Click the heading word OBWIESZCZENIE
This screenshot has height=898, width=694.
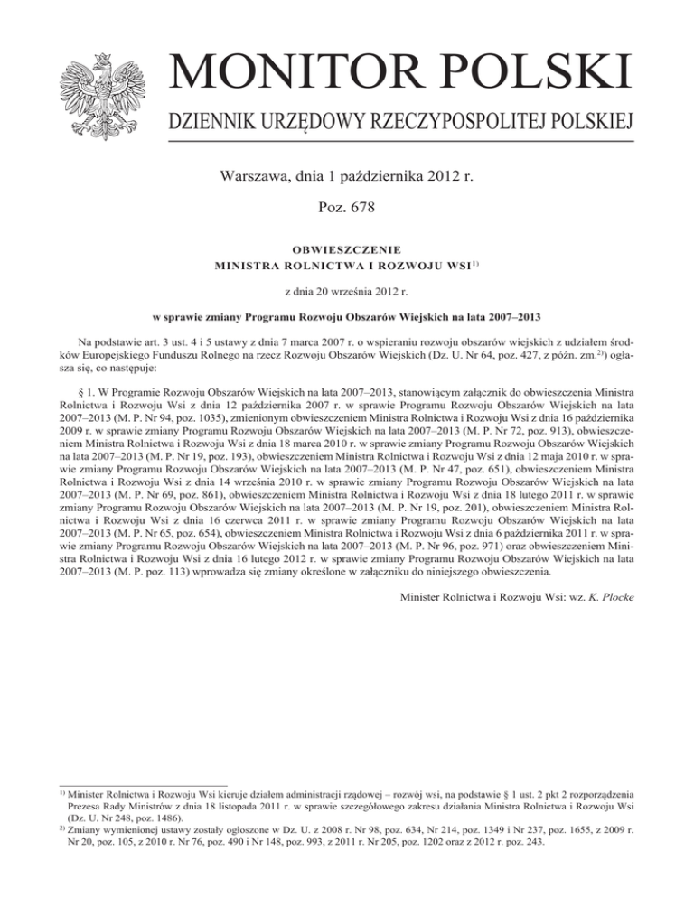[x=346, y=248]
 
